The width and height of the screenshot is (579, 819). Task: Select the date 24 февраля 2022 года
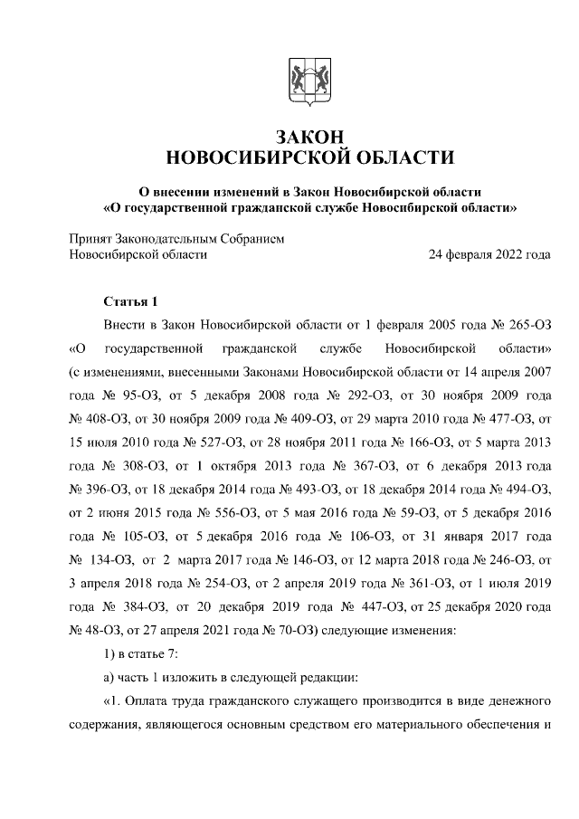[489, 254]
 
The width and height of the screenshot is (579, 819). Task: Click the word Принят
[90, 239]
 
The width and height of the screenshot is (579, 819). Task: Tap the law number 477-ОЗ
[504, 419]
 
